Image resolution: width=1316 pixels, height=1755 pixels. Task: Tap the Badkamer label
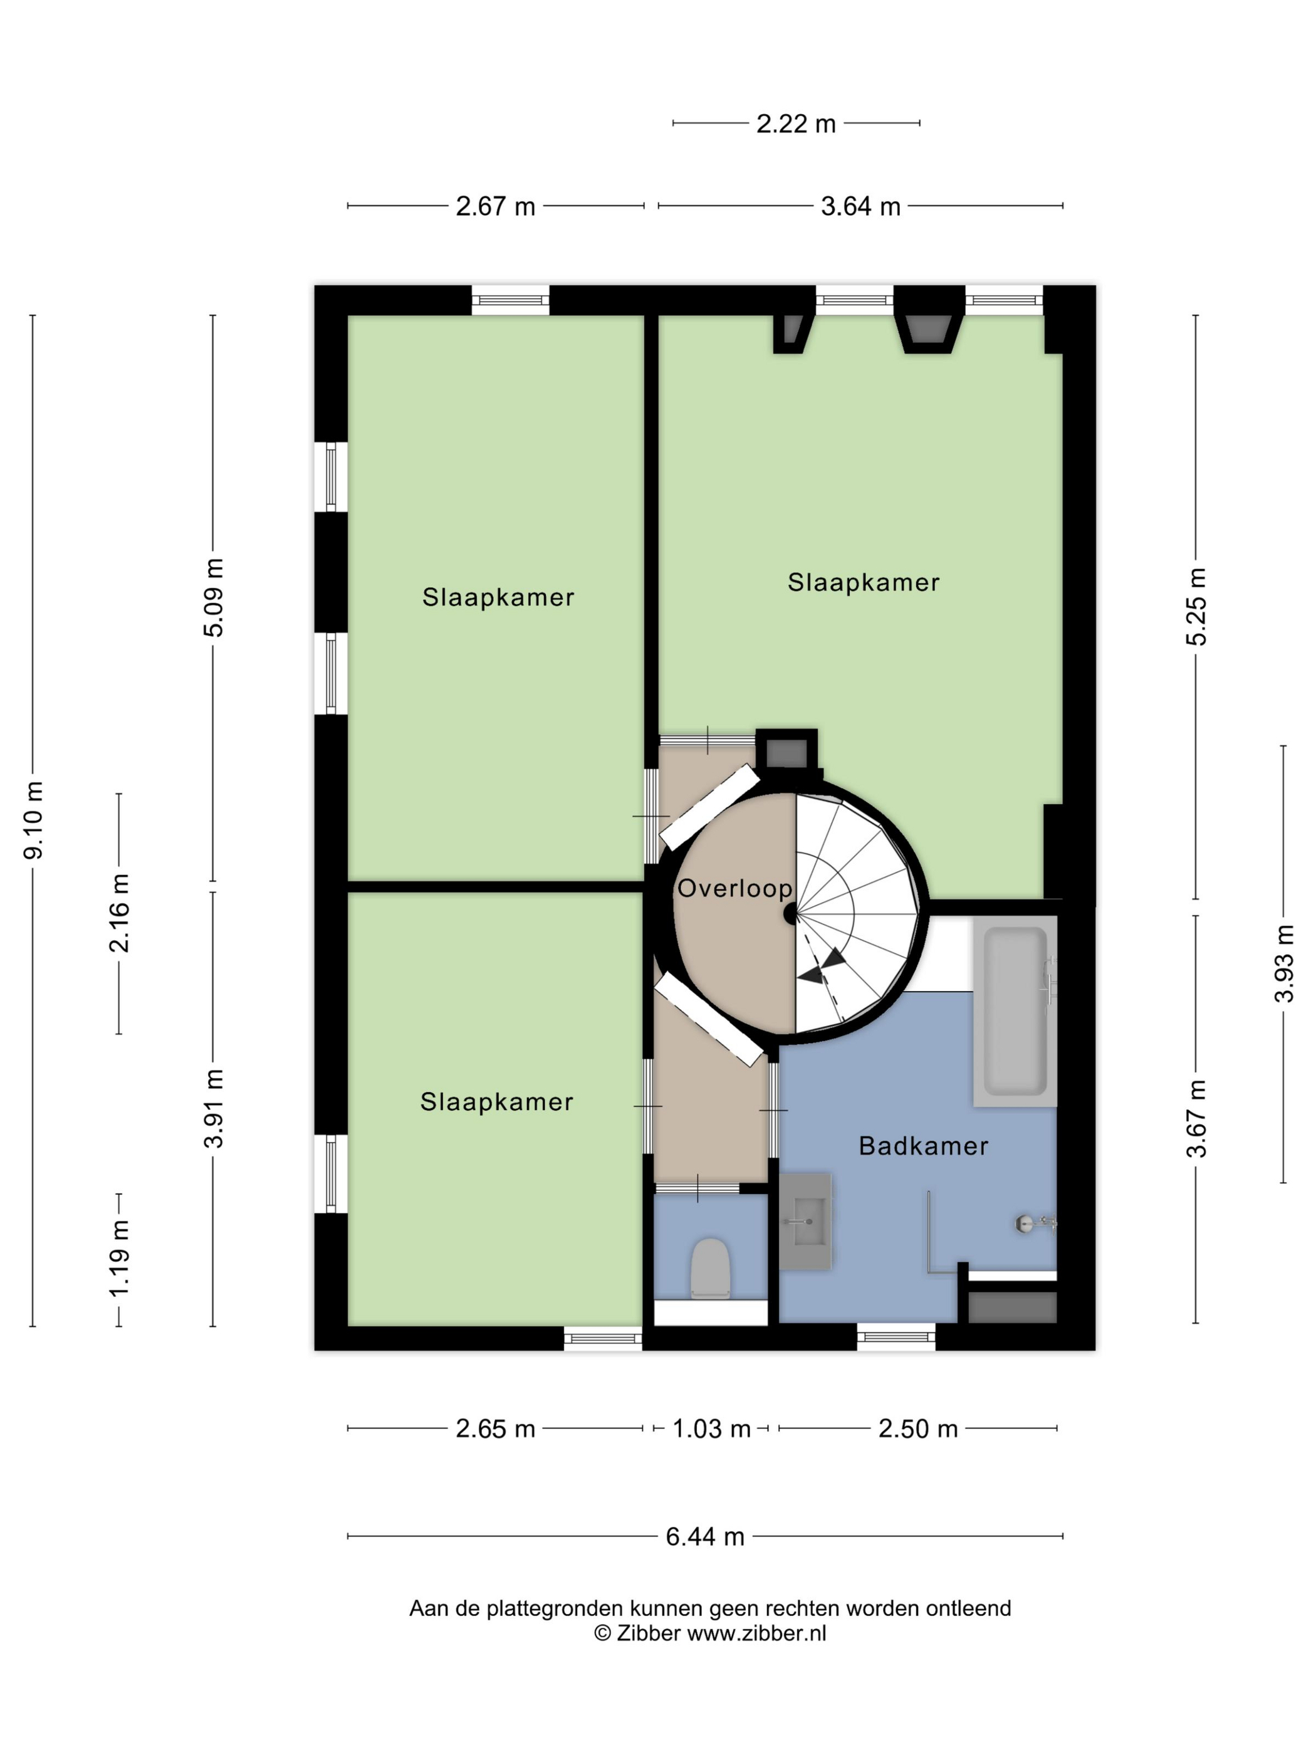coord(923,1146)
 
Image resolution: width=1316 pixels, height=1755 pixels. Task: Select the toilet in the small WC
coord(709,1268)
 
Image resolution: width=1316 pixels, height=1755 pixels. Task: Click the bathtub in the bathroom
coord(1015,1012)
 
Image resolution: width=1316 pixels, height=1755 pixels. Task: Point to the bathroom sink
coord(805,1222)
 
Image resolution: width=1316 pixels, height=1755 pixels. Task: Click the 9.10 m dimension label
coord(33,820)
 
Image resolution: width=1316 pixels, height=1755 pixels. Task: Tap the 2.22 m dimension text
coord(796,123)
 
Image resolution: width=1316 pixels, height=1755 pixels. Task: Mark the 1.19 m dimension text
coord(119,1259)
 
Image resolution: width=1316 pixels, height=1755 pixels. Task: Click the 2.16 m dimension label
coord(119,913)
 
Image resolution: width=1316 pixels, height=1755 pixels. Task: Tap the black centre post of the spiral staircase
coord(791,914)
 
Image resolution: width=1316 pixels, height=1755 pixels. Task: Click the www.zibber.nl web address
coord(756,1633)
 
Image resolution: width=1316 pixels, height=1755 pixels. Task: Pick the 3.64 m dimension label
coord(860,206)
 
